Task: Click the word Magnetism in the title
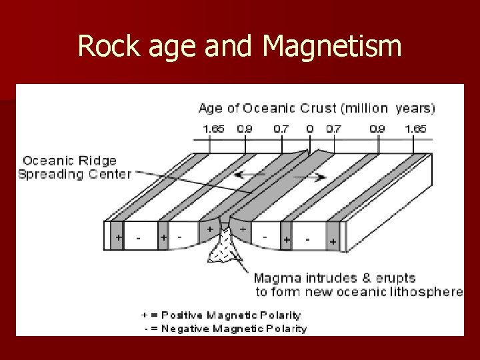click(x=333, y=47)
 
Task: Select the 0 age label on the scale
click(x=310, y=129)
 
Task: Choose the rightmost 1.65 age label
click(x=417, y=129)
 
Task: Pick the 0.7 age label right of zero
click(x=332, y=129)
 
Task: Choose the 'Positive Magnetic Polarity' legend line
click(x=221, y=315)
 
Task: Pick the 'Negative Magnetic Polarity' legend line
click(x=225, y=328)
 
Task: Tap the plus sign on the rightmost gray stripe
click(x=333, y=243)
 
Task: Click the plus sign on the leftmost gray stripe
click(x=119, y=237)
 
